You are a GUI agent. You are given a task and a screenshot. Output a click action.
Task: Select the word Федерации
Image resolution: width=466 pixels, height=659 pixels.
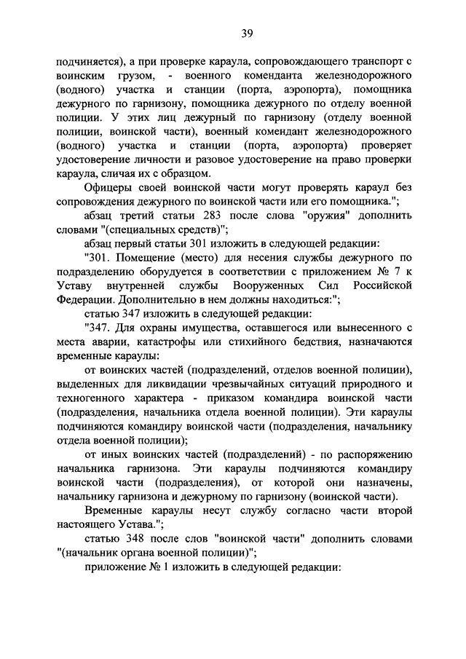point(83,298)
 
